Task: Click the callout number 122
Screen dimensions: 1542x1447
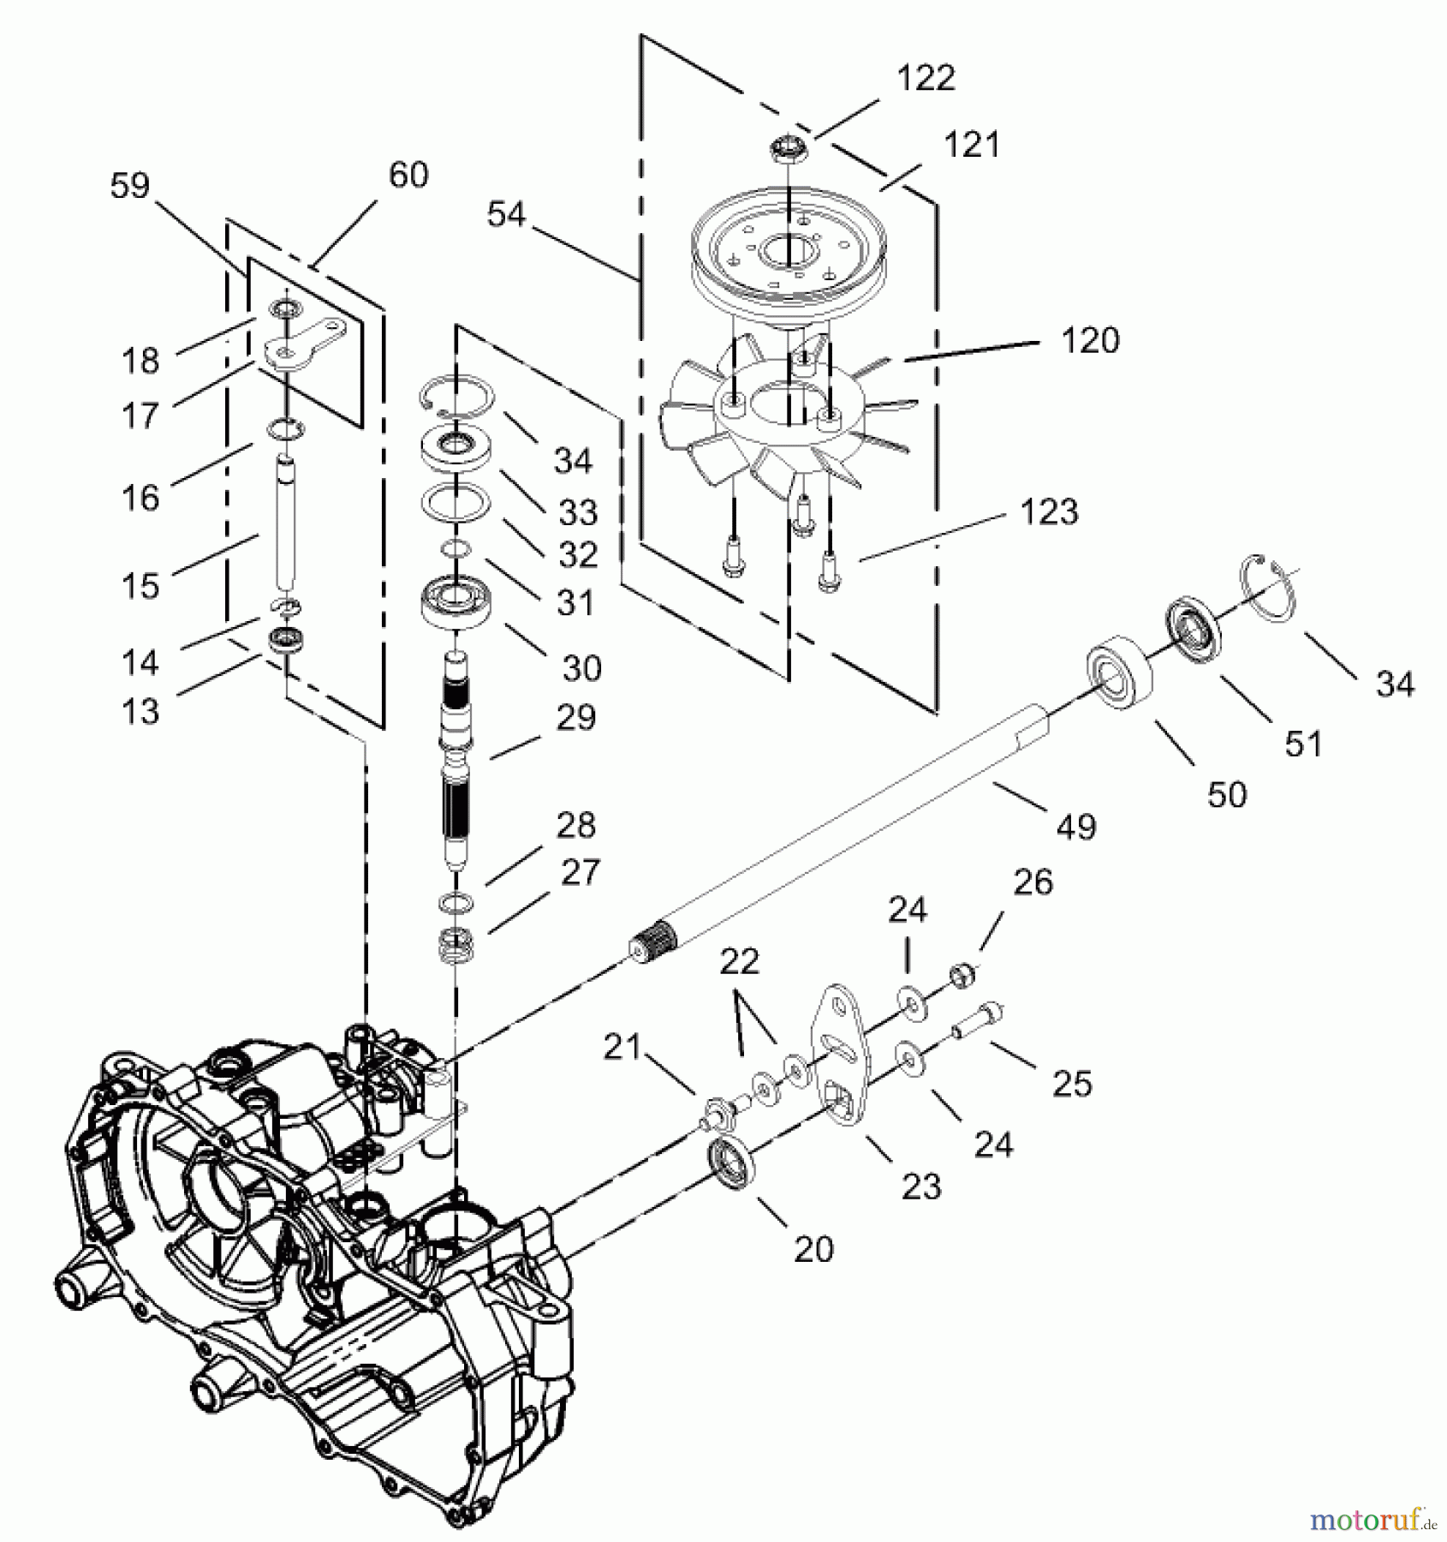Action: click(x=926, y=78)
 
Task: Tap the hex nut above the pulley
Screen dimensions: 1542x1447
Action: click(x=785, y=153)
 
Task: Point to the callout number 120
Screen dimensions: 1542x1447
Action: click(x=1089, y=341)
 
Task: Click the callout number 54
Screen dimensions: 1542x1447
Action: click(x=505, y=213)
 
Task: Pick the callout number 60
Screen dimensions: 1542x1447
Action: click(x=408, y=175)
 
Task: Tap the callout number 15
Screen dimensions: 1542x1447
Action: click(x=140, y=586)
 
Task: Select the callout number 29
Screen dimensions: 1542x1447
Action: click(x=575, y=717)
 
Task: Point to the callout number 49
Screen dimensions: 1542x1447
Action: click(x=1076, y=827)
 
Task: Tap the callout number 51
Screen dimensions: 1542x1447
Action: click(x=1303, y=744)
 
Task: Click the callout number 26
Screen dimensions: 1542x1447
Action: click(x=1033, y=882)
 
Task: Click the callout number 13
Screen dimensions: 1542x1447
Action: click(x=140, y=710)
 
